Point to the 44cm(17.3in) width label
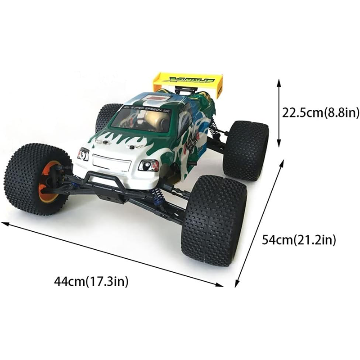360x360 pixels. [x=91, y=282]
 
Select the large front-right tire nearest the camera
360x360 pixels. [x=214, y=220]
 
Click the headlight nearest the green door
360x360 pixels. [x=148, y=165]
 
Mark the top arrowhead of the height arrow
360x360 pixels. [x=279, y=83]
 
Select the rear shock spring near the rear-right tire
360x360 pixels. [x=214, y=128]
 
